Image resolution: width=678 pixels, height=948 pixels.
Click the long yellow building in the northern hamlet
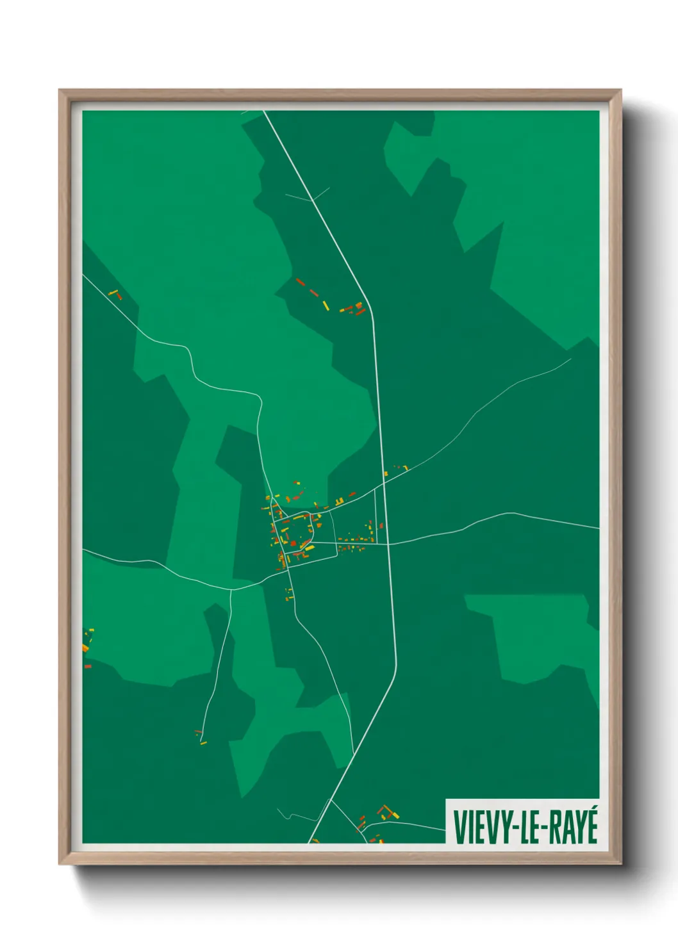click(326, 305)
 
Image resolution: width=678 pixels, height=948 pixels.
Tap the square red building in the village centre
click(294, 544)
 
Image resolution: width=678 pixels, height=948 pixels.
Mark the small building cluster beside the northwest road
click(115, 295)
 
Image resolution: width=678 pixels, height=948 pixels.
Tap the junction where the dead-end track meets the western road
click(231, 590)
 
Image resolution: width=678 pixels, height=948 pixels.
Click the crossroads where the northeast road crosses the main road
click(383, 484)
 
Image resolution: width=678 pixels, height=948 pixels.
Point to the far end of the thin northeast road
click(570, 359)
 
